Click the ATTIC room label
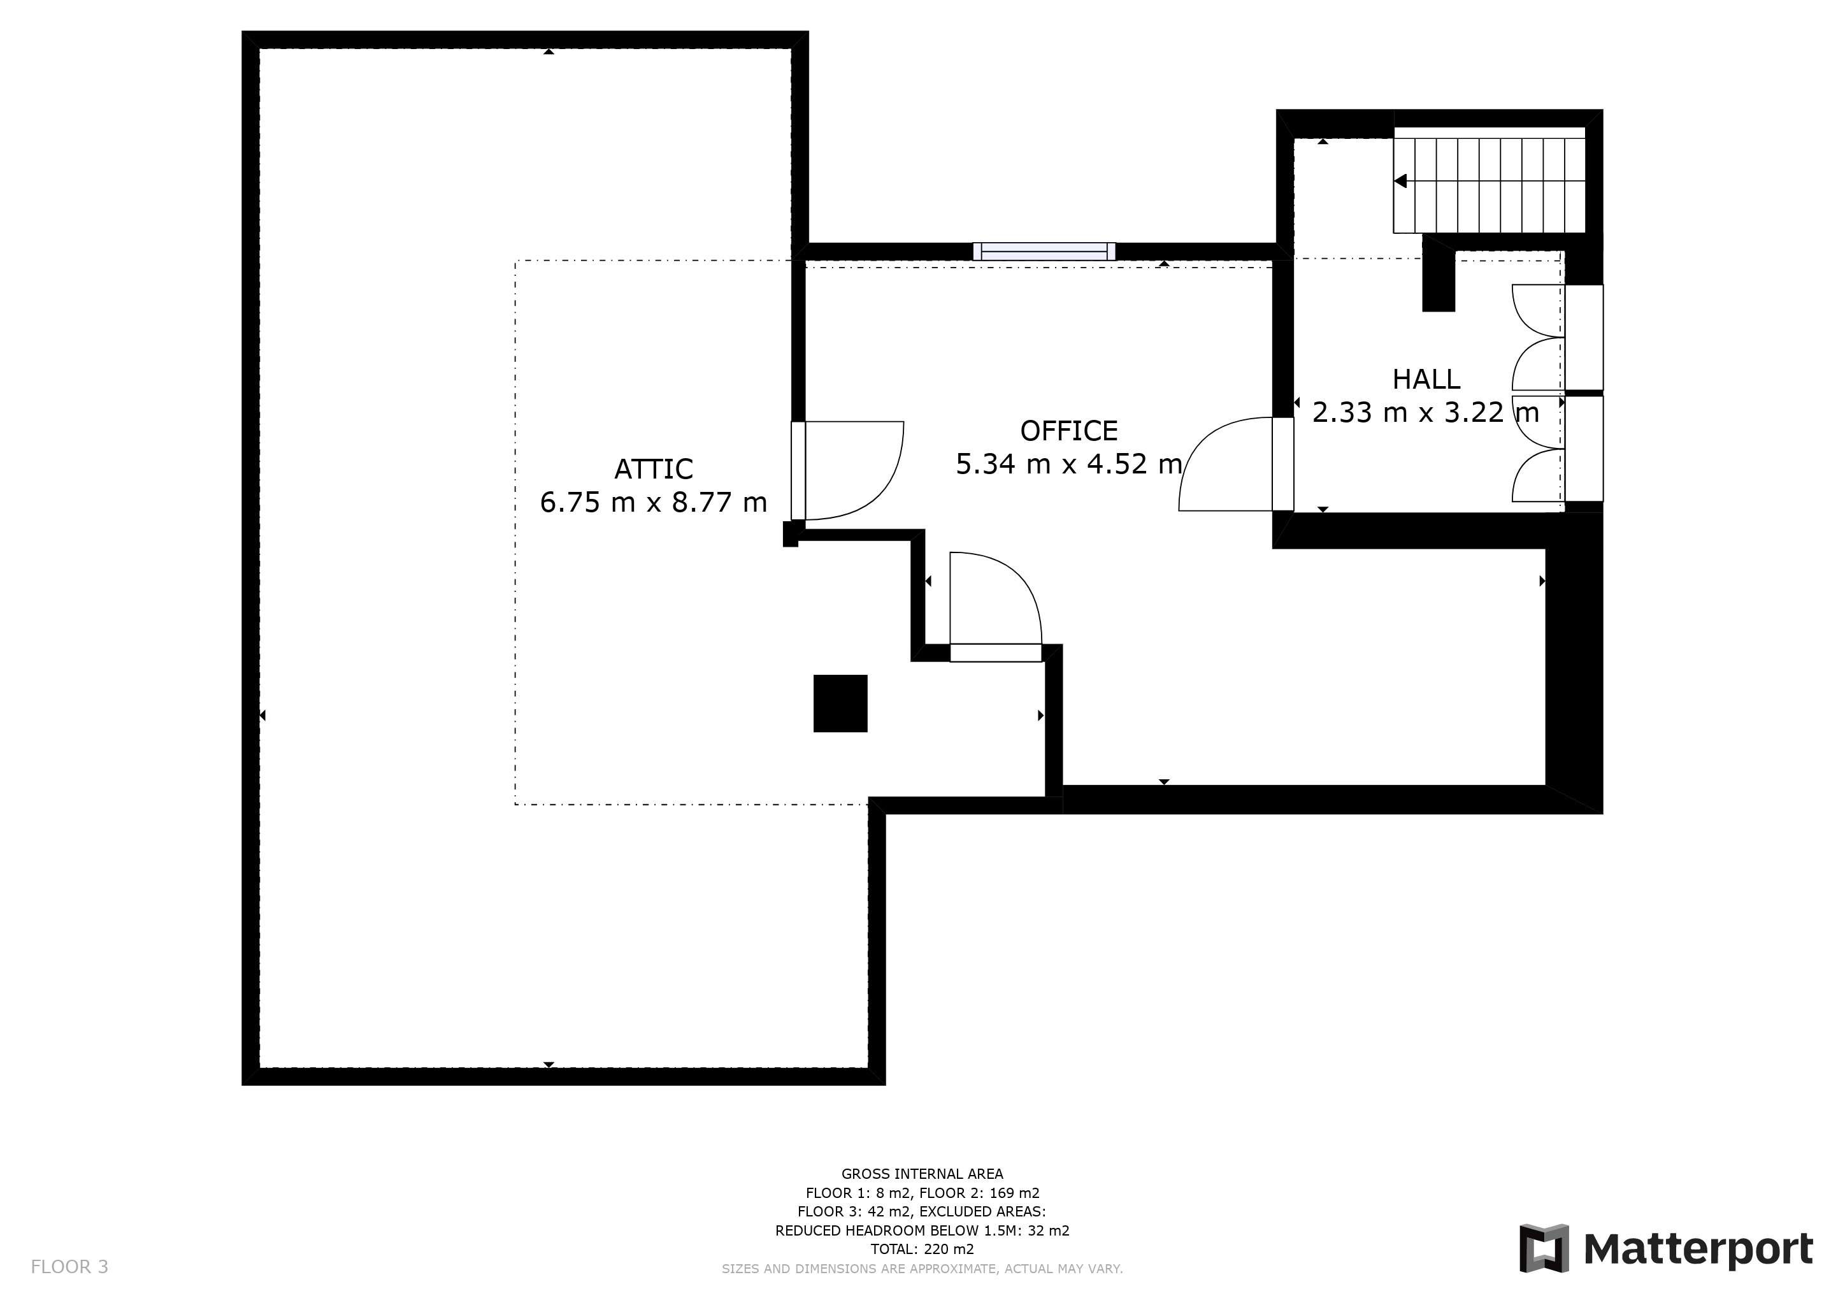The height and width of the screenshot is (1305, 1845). point(653,468)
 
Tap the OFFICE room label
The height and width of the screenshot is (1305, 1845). point(1069,431)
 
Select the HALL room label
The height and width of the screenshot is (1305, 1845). point(1426,379)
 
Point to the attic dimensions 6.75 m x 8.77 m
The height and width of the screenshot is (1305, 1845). point(653,502)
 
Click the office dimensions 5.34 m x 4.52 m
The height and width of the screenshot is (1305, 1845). point(1069,464)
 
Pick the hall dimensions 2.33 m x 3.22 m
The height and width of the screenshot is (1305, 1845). point(1426,412)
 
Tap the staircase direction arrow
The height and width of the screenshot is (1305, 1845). point(1400,181)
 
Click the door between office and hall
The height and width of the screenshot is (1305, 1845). point(1236,464)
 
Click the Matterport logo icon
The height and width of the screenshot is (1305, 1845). point(1544,1248)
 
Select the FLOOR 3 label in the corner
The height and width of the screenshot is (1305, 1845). point(69,1267)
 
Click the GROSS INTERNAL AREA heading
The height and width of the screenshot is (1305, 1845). point(922,1174)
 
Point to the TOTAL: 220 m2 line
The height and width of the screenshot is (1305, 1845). point(922,1250)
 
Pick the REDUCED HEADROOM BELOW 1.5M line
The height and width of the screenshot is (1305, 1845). point(922,1230)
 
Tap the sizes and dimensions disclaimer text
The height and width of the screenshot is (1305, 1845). point(922,1269)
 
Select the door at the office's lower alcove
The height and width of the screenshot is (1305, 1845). point(996,607)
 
